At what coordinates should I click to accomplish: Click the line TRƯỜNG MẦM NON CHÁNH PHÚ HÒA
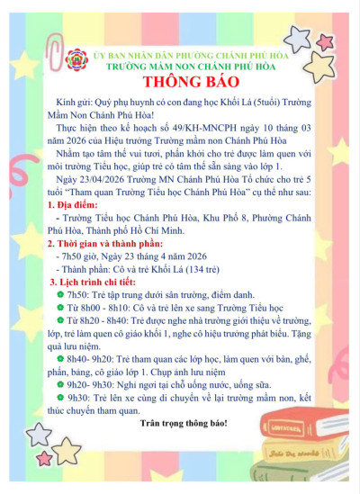[x=189, y=67]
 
